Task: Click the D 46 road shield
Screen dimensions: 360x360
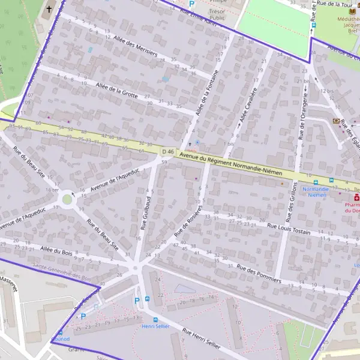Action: tap(167, 152)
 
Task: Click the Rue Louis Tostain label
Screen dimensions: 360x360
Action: tap(289, 229)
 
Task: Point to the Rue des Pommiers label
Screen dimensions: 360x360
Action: tap(259, 266)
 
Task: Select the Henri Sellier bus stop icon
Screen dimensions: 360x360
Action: tap(155, 319)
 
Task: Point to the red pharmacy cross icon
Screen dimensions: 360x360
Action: tap(356, 197)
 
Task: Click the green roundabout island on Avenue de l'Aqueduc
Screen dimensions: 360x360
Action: tap(67, 199)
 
